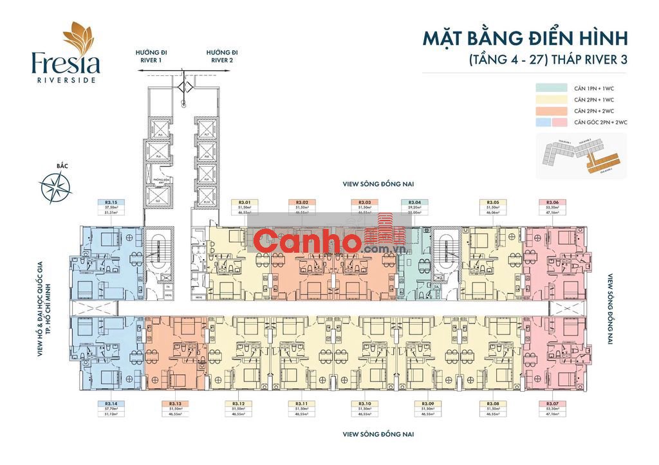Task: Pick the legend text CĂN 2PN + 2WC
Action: pyautogui.click(x=594, y=111)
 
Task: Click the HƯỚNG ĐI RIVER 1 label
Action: pyautogui.click(x=151, y=56)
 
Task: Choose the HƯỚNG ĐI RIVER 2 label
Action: pyautogui.click(x=222, y=56)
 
